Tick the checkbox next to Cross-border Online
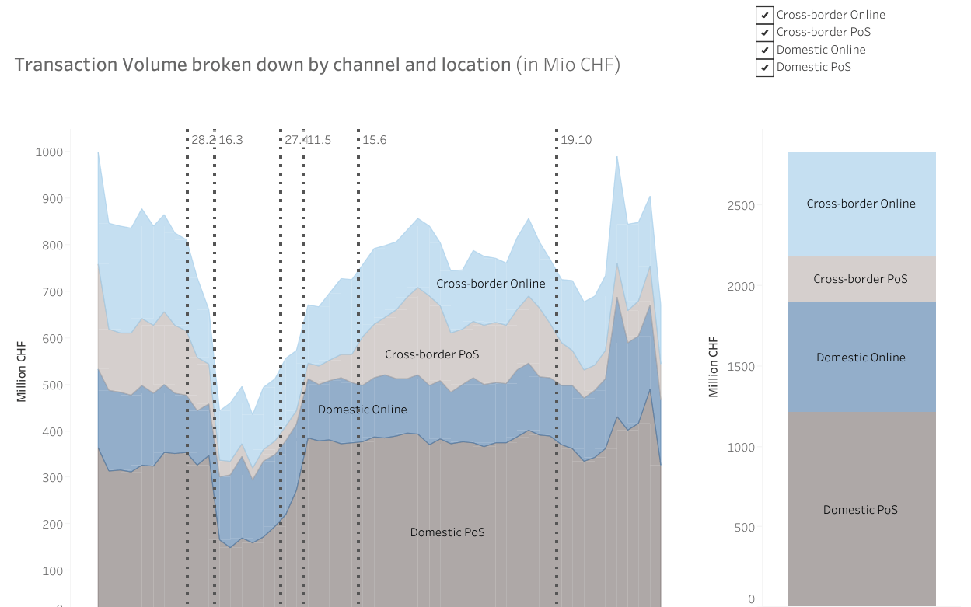[765, 15]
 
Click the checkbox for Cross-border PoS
[765, 32]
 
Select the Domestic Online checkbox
[765, 50]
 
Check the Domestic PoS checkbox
[765, 67]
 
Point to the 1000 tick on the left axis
[47, 152]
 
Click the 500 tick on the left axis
[51, 385]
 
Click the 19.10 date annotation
[576, 140]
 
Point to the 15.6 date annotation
[374, 140]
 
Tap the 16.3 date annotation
[230, 140]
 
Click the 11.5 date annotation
[320, 140]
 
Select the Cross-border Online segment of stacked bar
[861, 204]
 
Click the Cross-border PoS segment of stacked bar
[861, 279]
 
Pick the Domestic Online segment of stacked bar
[861, 358]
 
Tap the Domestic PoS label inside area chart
[447, 532]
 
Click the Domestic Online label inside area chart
[362, 410]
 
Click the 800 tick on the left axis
[51, 246]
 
